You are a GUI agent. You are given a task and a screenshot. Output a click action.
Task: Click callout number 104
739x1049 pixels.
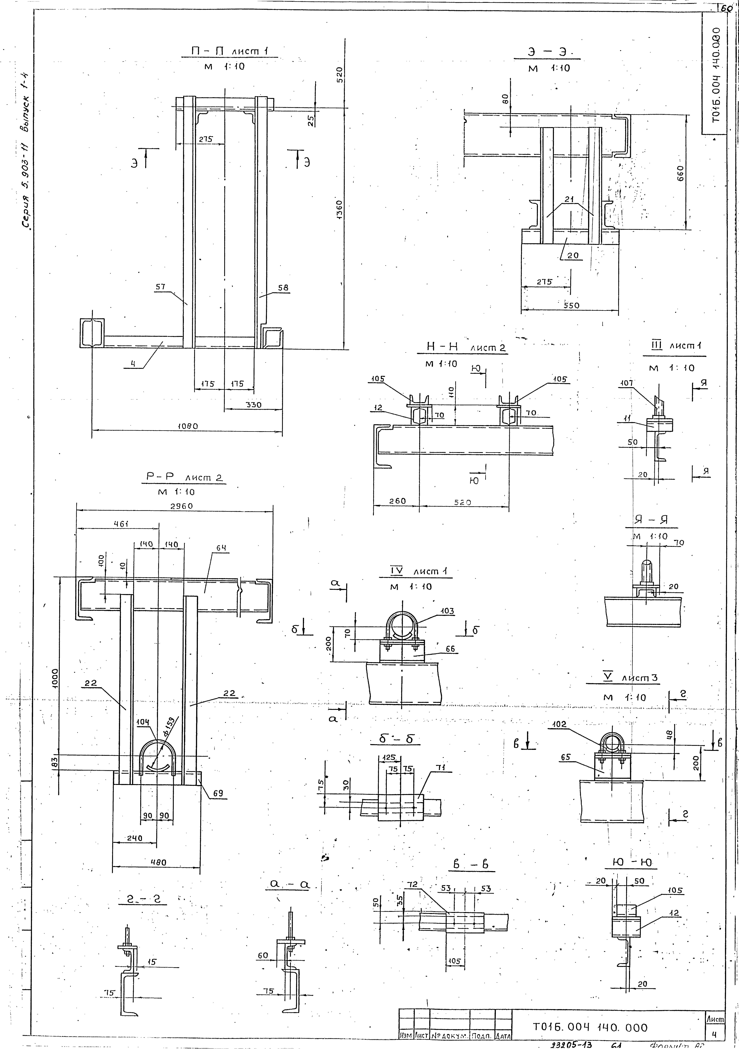click(143, 721)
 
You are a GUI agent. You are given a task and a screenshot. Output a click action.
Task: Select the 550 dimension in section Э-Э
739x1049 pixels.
click(571, 305)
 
